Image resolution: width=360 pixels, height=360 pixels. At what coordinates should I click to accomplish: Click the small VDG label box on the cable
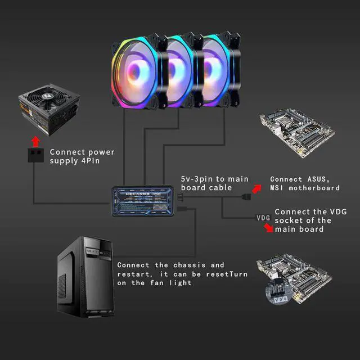tap(263, 217)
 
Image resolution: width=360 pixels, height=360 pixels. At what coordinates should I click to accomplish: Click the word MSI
tap(278, 188)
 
